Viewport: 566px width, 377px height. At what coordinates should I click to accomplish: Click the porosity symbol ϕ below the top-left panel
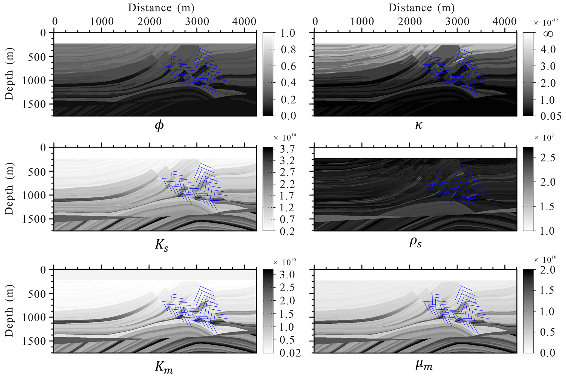(159, 126)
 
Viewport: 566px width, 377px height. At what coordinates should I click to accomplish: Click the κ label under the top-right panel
(419, 125)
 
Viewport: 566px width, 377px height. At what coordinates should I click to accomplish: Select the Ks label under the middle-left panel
(162, 244)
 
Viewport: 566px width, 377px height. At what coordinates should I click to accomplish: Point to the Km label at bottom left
(164, 367)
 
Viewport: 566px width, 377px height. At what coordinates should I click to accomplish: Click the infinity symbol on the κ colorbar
(548, 34)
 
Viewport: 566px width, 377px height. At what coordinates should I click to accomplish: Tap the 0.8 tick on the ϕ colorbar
(288, 50)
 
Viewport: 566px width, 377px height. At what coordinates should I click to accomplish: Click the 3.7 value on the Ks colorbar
(287, 149)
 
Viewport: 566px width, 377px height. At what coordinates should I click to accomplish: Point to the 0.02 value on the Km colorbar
(290, 353)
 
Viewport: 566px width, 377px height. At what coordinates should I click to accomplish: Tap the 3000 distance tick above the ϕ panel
(197, 22)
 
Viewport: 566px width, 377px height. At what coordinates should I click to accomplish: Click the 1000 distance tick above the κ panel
(362, 22)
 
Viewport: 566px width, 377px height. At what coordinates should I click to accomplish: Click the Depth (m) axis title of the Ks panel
(9, 189)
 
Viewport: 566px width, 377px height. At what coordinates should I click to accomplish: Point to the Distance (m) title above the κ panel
(421, 8)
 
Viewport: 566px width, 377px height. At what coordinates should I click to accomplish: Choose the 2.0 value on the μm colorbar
(548, 270)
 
